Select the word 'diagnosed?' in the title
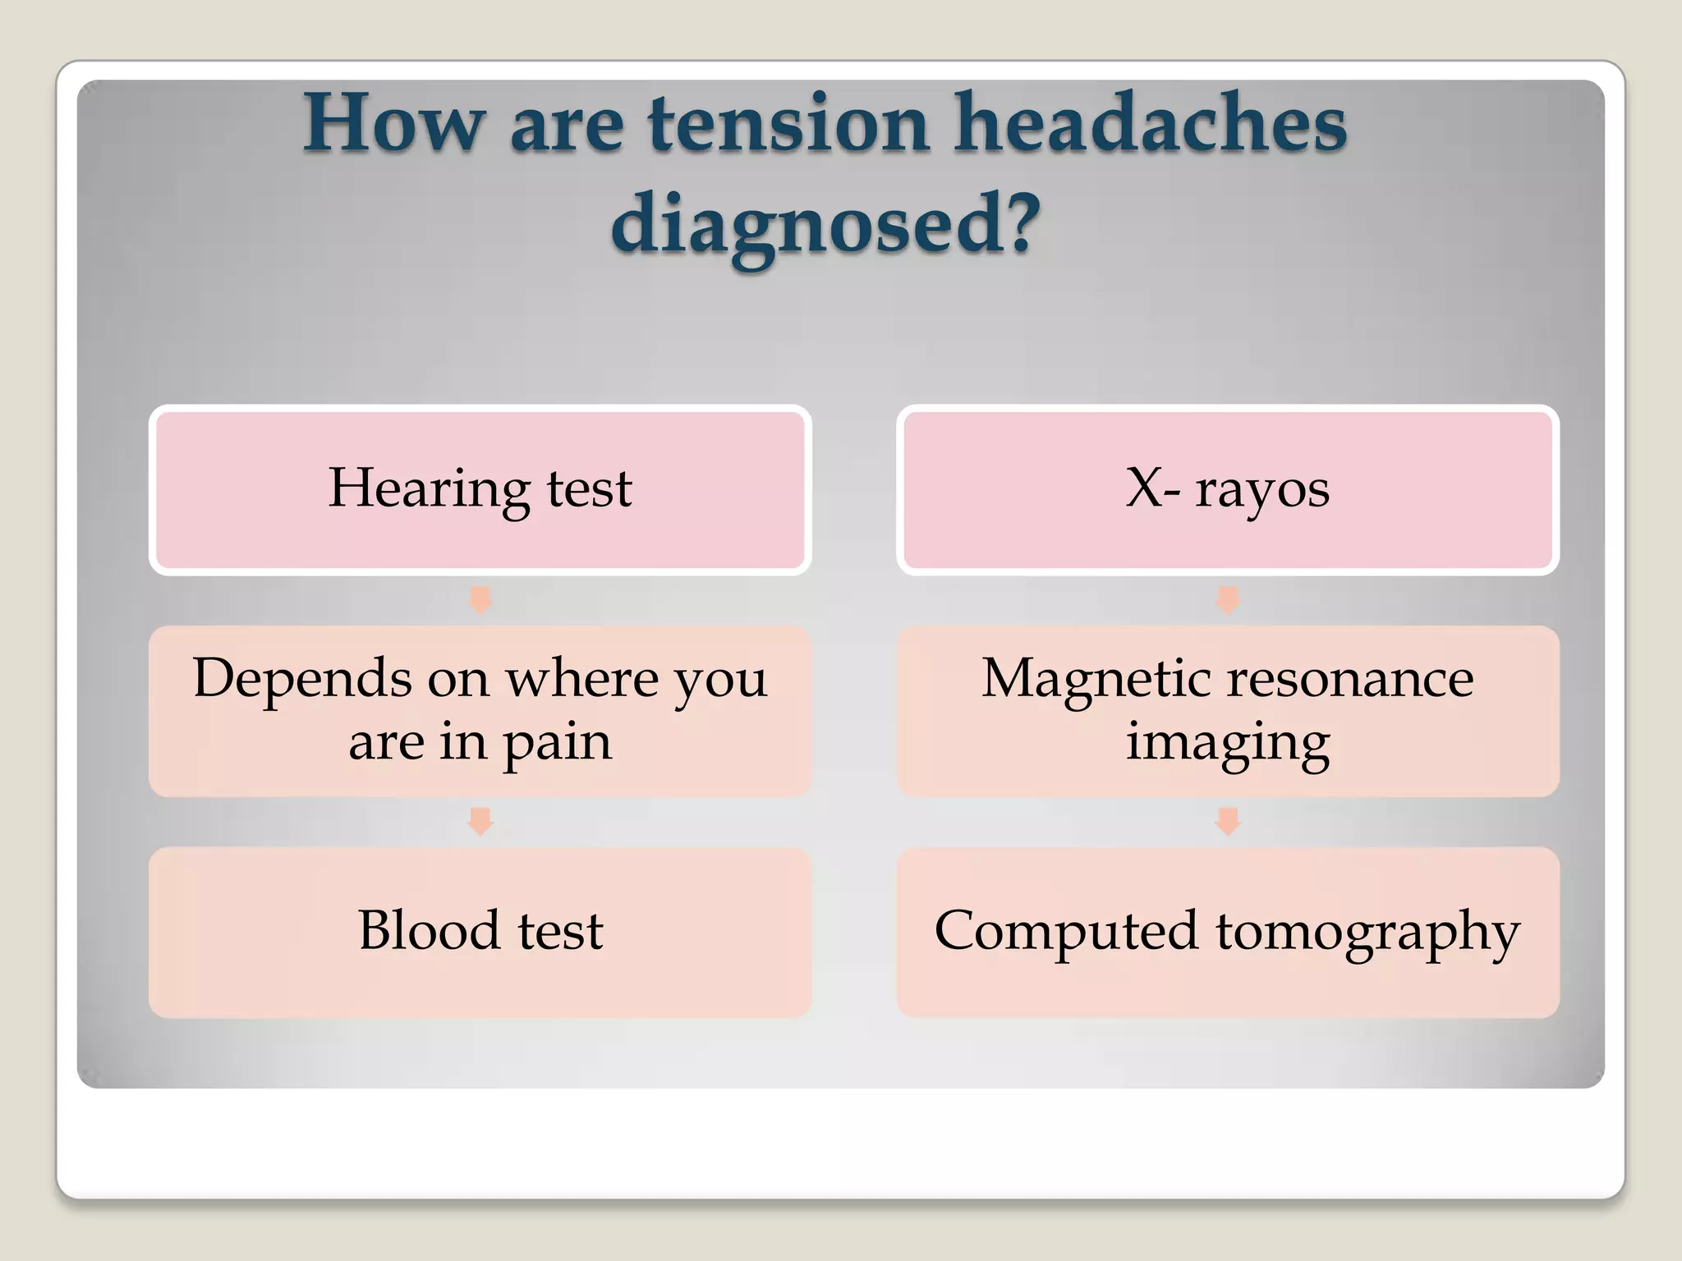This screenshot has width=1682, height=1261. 825,224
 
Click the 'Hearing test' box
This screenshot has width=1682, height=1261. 480,489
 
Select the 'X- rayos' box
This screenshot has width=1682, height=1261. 1228,489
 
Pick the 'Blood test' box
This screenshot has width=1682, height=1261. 480,933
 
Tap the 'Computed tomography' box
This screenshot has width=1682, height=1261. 1228,933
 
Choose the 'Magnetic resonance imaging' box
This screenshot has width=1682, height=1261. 1228,711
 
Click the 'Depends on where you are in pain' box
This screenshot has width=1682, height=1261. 480,711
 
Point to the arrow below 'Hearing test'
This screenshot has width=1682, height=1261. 480,600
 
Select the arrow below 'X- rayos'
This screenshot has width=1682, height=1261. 1228,600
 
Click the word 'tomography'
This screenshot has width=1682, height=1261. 1367,933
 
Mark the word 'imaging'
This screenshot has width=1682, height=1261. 1228,743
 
